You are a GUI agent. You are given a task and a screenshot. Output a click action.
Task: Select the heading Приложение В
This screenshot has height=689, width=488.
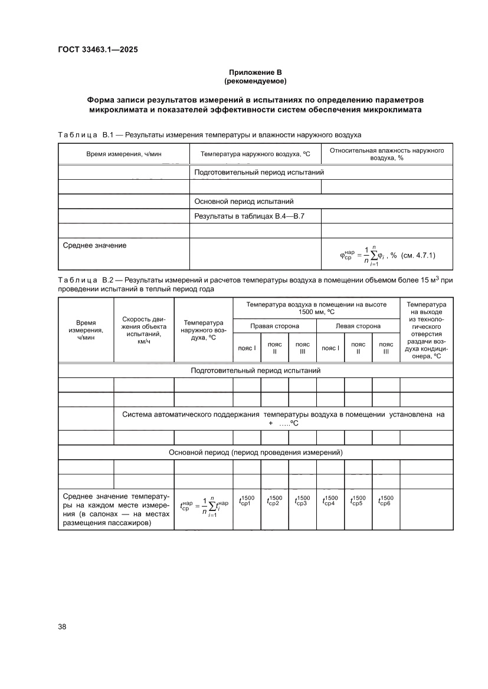coord(256,72)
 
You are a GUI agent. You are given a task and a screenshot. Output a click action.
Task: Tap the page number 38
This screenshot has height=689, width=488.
coord(62,627)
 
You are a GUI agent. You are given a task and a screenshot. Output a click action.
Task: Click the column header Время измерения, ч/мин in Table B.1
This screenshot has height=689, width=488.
coord(124,154)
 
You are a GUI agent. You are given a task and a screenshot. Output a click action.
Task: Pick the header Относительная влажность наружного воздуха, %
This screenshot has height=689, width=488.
coord(387,154)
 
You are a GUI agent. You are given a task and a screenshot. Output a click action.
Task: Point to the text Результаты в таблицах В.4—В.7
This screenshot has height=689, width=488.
coord(249,217)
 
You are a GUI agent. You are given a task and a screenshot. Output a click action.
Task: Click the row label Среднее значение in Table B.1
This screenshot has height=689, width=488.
coord(94,245)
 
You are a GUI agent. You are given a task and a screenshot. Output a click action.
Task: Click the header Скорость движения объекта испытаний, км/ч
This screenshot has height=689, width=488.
coord(143,330)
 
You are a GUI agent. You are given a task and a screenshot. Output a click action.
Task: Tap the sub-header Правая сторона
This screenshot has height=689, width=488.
coord(274,326)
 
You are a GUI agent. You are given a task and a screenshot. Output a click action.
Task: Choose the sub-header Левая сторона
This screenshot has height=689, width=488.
coord(358,326)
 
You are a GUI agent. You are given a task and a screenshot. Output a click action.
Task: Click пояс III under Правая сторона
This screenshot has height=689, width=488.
coord(302,348)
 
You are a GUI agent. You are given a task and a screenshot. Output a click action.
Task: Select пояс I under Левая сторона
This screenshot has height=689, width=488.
coord(330,348)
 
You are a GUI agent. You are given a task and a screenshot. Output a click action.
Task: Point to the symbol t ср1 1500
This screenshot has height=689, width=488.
coord(247,501)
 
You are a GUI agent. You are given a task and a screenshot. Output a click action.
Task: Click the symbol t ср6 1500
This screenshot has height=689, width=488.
coord(386,501)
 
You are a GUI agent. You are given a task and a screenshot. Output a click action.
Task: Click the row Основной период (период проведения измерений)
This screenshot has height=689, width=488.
coord(256,452)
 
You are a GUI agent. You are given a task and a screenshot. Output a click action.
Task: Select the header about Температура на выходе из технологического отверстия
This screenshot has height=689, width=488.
coord(426,330)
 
